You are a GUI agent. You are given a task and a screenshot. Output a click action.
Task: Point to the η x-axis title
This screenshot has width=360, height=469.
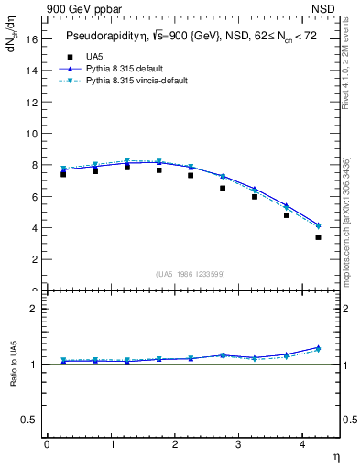(335, 455)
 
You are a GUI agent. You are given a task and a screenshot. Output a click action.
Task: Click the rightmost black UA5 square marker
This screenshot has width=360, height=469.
(318, 237)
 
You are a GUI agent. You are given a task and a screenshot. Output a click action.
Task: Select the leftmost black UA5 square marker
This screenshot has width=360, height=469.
(63, 174)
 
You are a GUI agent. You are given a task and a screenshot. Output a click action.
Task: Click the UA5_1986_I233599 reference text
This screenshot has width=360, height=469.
(191, 274)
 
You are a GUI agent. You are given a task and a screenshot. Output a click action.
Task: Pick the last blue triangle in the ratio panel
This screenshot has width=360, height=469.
(318, 347)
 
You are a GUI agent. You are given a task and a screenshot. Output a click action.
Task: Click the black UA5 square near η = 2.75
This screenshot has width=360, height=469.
(223, 188)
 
